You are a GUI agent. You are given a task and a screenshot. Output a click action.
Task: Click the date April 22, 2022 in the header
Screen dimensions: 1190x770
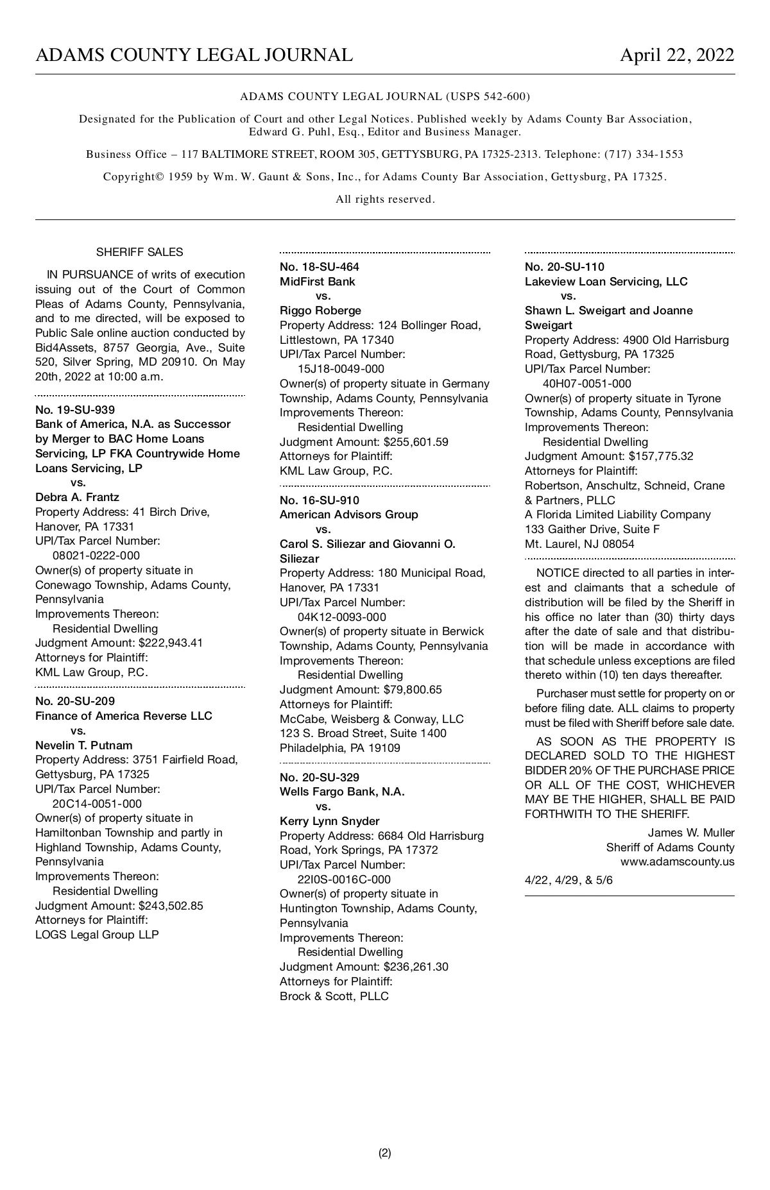[x=676, y=55]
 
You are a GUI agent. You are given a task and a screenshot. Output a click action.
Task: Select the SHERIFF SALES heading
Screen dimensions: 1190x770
[x=139, y=252]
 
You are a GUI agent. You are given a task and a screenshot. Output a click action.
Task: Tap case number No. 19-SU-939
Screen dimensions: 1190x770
[x=75, y=409]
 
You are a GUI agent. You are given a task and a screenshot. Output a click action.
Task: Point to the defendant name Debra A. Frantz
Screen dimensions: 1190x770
[x=77, y=497]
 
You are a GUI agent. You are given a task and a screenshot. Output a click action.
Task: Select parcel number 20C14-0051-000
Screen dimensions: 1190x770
[x=97, y=804]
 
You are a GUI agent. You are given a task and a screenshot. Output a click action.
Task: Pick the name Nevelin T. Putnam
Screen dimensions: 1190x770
[x=84, y=745]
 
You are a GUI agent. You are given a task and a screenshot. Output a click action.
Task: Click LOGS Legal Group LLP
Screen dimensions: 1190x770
[x=97, y=935]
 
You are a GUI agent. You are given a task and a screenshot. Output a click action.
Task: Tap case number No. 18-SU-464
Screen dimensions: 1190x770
[x=320, y=267]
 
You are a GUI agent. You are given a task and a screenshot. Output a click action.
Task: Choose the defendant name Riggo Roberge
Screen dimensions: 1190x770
[x=320, y=310]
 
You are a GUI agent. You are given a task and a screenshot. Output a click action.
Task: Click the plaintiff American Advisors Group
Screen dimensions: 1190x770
[x=348, y=514]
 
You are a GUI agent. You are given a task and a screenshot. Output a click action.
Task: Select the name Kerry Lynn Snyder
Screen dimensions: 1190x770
[x=329, y=821]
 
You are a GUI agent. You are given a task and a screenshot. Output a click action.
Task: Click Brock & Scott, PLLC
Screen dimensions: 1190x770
[x=334, y=996]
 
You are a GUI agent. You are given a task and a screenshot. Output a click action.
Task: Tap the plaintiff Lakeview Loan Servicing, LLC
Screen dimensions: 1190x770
[x=606, y=282]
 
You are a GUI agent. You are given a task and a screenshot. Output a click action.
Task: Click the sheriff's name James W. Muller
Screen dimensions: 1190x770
[x=691, y=833]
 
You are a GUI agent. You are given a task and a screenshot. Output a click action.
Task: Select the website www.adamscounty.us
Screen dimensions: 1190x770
[x=677, y=862]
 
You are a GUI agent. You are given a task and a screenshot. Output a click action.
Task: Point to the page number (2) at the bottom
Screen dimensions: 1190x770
[x=384, y=1153]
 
